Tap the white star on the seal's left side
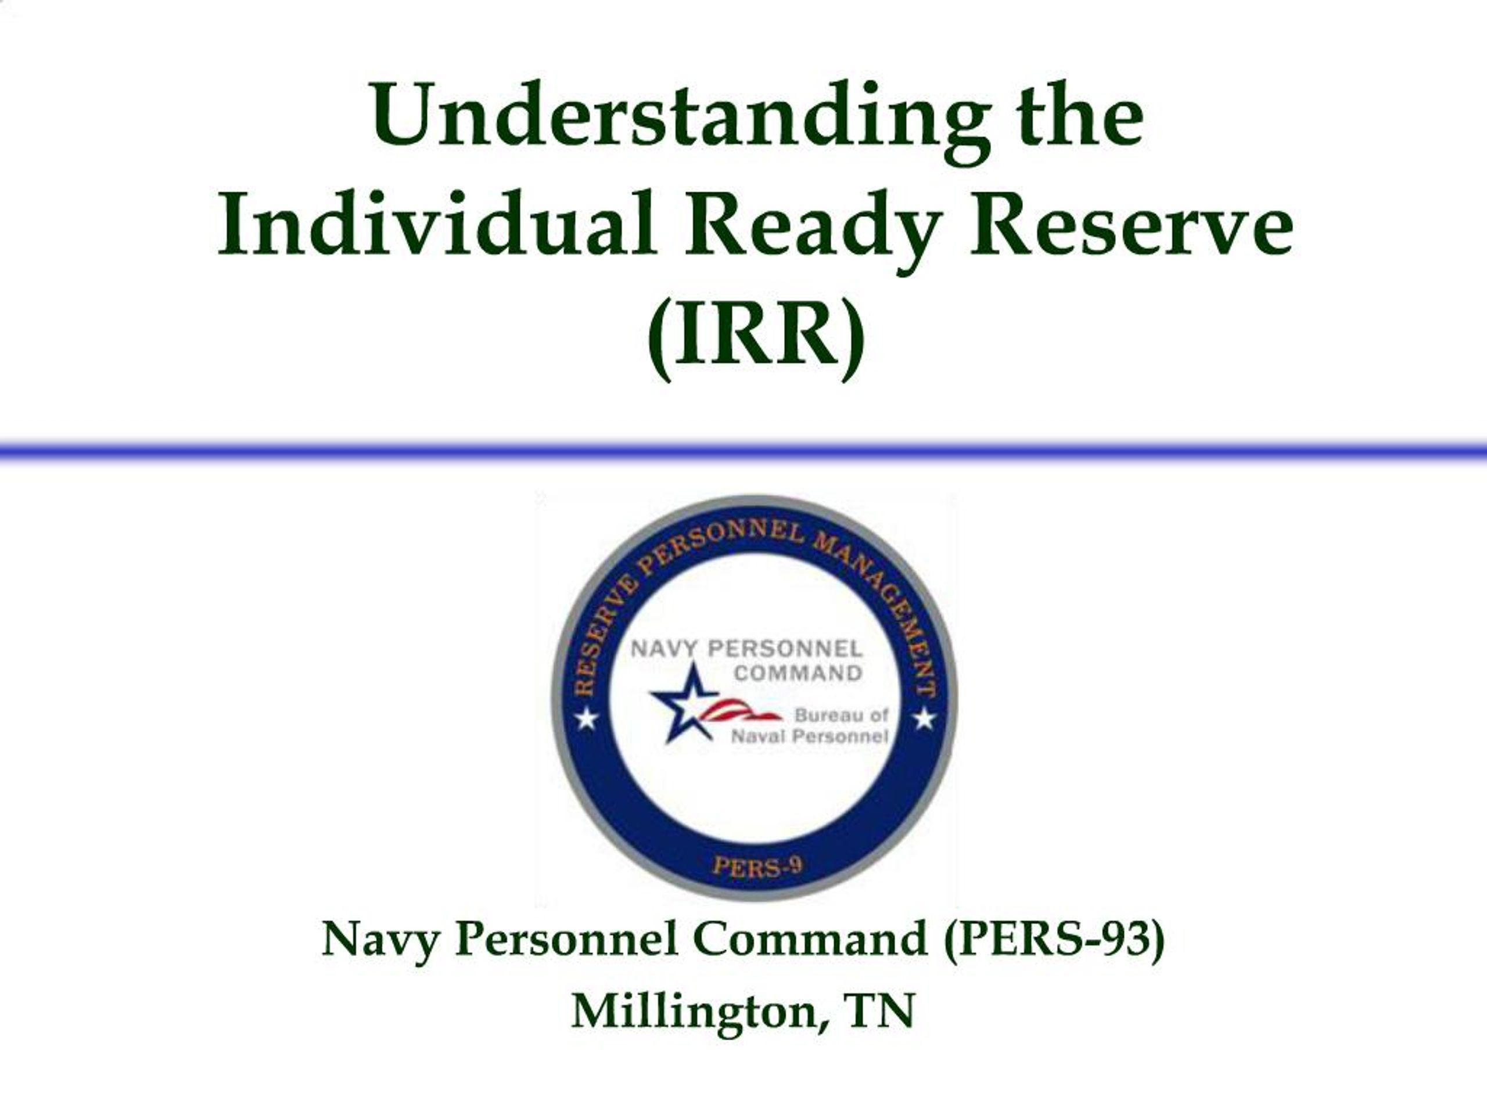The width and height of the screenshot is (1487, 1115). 586,720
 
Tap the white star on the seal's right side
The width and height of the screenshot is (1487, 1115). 924,720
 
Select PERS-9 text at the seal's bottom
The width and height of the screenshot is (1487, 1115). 757,866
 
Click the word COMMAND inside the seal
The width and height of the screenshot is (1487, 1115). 798,672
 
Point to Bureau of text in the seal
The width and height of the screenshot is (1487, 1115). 841,715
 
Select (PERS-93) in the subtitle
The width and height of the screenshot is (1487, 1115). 1054,939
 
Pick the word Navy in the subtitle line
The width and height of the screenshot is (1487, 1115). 379,940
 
